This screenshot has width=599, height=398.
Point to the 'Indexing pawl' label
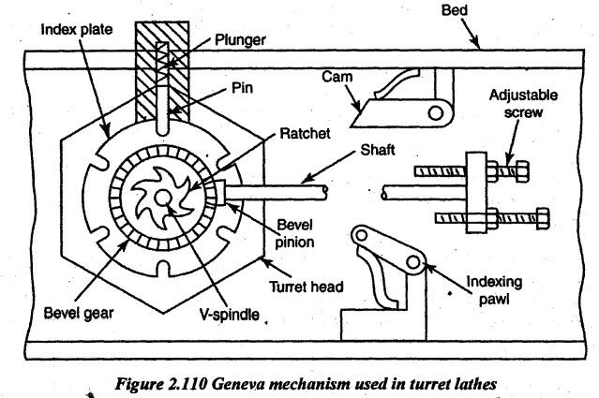point(504,287)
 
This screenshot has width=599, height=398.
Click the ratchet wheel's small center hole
point(162,196)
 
